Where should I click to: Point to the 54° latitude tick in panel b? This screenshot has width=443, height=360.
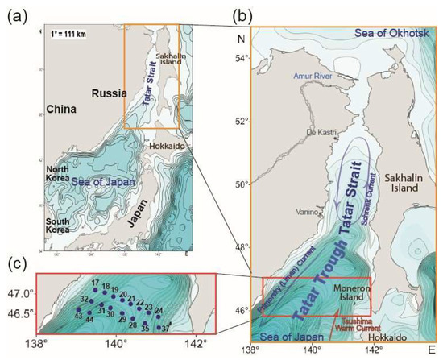tap(238, 58)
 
